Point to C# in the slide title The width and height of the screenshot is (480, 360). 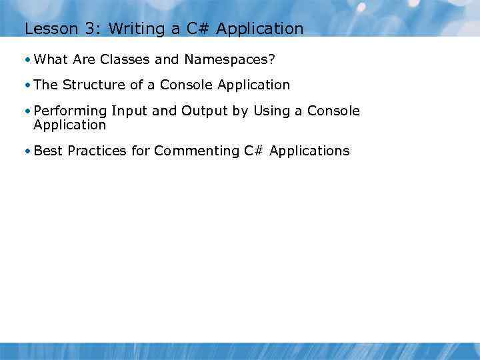point(193,29)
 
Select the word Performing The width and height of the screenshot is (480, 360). point(70,111)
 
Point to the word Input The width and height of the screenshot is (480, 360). point(129,111)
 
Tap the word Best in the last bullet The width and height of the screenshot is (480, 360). point(48,151)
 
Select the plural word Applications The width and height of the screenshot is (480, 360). point(309,151)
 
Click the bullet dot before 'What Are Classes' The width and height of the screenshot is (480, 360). point(26,60)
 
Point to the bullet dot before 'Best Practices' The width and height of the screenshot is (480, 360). point(26,151)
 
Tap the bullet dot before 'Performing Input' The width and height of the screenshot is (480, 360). point(26,111)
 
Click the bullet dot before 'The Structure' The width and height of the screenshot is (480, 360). point(26,85)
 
